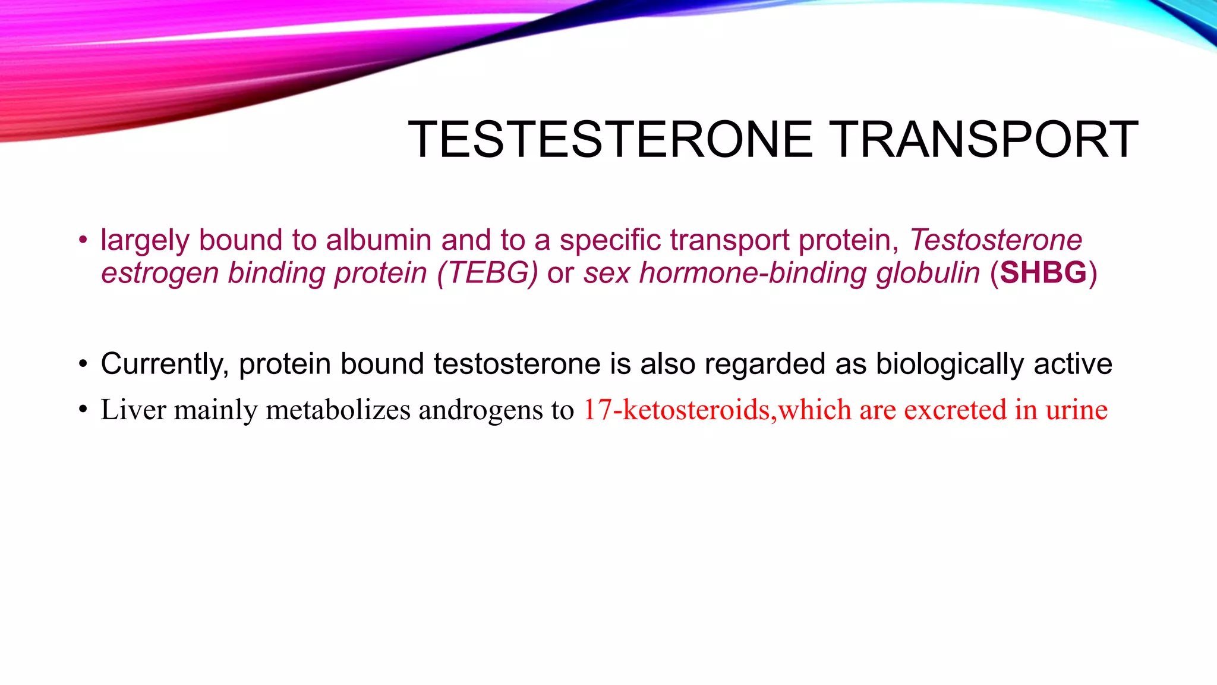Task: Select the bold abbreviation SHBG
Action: click(1043, 273)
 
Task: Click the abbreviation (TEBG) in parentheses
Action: click(487, 273)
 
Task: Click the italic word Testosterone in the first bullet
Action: click(996, 240)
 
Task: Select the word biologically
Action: click(950, 364)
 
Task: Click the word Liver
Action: click(134, 410)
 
